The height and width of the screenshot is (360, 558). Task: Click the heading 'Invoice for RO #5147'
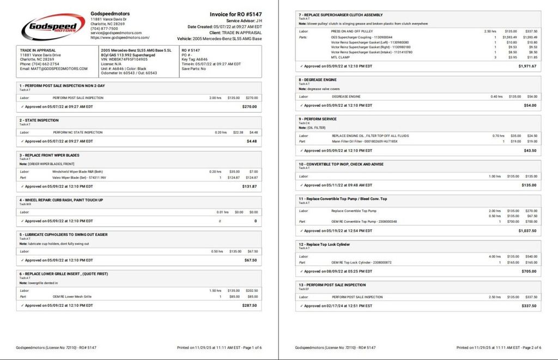[235, 15]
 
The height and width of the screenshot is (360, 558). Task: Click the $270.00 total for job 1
[249, 107]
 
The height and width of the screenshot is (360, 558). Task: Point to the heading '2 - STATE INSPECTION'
[39, 120]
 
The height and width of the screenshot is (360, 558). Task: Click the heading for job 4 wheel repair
[61, 200]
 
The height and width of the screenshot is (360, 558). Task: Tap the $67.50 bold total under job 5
[250, 260]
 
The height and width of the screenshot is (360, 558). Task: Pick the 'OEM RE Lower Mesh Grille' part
[72, 297]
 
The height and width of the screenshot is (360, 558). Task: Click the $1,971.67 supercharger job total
[527, 66]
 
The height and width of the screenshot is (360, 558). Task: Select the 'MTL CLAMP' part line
[341, 57]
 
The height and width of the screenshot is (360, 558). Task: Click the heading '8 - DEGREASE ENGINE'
[318, 80]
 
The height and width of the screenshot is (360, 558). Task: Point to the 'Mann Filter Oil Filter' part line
[365, 142]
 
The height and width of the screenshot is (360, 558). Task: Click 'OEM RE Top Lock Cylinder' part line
[361, 263]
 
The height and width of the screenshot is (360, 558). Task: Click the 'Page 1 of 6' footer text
[249, 347]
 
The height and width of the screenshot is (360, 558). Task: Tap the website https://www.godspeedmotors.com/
[120, 38]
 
